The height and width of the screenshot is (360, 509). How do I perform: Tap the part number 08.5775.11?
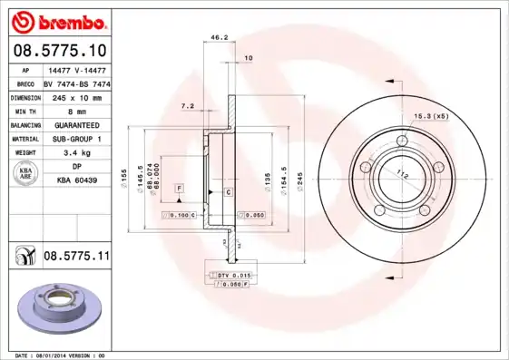pos(75,258)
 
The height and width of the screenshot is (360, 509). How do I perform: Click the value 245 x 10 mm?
pos(76,96)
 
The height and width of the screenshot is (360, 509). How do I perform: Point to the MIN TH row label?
pos(25,111)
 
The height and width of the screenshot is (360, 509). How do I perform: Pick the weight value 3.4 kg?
pos(76,153)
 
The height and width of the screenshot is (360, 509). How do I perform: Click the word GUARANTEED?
pos(76,124)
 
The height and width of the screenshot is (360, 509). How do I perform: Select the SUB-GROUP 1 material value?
pos(76,139)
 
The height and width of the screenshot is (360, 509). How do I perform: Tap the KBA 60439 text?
pos(77,181)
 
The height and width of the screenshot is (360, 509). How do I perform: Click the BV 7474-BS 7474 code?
pos(77,82)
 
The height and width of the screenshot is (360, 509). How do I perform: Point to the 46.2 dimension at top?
pos(219,37)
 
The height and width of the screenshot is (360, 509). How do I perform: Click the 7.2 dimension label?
pos(188,106)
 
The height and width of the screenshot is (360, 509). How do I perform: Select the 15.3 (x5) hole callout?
pos(432,117)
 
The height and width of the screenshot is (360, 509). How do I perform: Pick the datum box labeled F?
pos(180,187)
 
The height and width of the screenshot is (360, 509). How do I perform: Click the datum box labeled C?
pos(227,192)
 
